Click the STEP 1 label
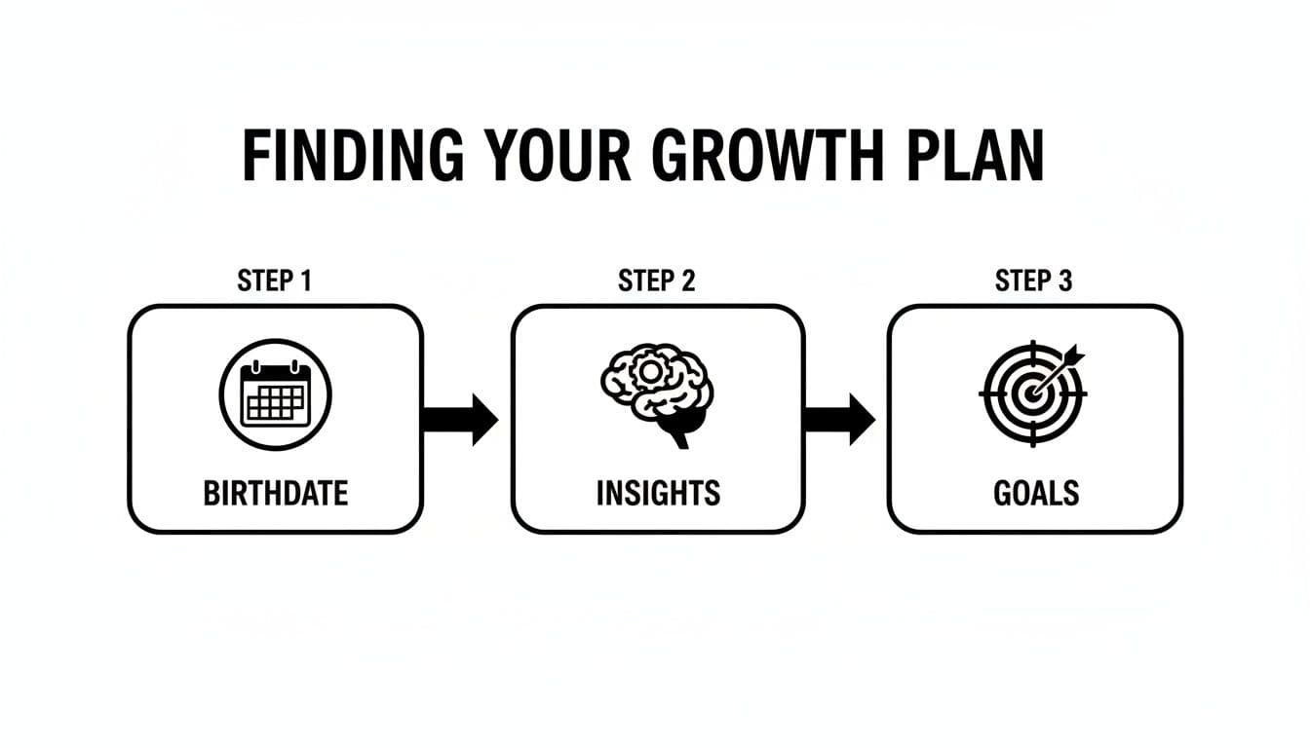(275, 281)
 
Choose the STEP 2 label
(657, 281)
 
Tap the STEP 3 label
(1033, 281)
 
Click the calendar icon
(275, 394)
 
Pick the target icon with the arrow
(1032, 393)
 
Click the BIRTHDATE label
(275, 493)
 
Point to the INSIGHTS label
(658, 493)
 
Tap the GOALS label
(1036, 493)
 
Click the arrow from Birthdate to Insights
(460, 420)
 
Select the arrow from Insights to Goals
(839, 420)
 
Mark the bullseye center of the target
(1029, 395)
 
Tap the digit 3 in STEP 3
(1064, 281)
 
